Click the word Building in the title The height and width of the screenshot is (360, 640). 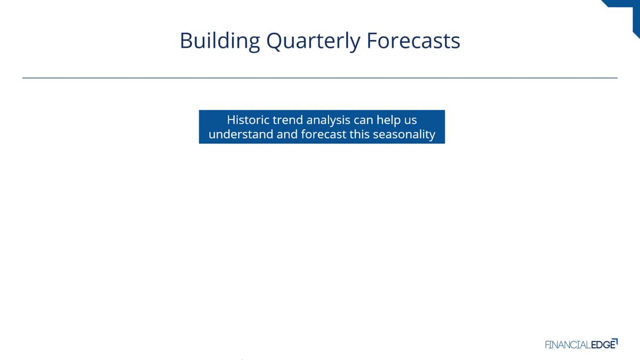click(x=220, y=42)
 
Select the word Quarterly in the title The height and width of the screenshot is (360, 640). click(x=313, y=42)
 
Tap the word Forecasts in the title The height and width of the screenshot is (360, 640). click(x=413, y=41)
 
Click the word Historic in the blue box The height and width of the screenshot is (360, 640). click(x=248, y=119)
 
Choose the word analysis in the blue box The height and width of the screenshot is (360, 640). click(x=329, y=121)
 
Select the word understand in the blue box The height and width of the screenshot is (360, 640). click(x=241, y=134)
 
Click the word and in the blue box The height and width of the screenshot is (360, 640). click(x=287, y=134)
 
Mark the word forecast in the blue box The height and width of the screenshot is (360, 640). click(x=323, y=134)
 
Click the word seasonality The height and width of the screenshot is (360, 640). click(x=404, y=135)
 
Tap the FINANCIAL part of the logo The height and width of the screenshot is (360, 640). click(x=567, y=345)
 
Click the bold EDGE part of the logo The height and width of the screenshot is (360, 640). click(x=603, y=345)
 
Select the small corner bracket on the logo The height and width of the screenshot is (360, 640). click(x=615, y=341)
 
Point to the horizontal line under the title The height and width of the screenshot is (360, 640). click(x=319, y=78)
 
